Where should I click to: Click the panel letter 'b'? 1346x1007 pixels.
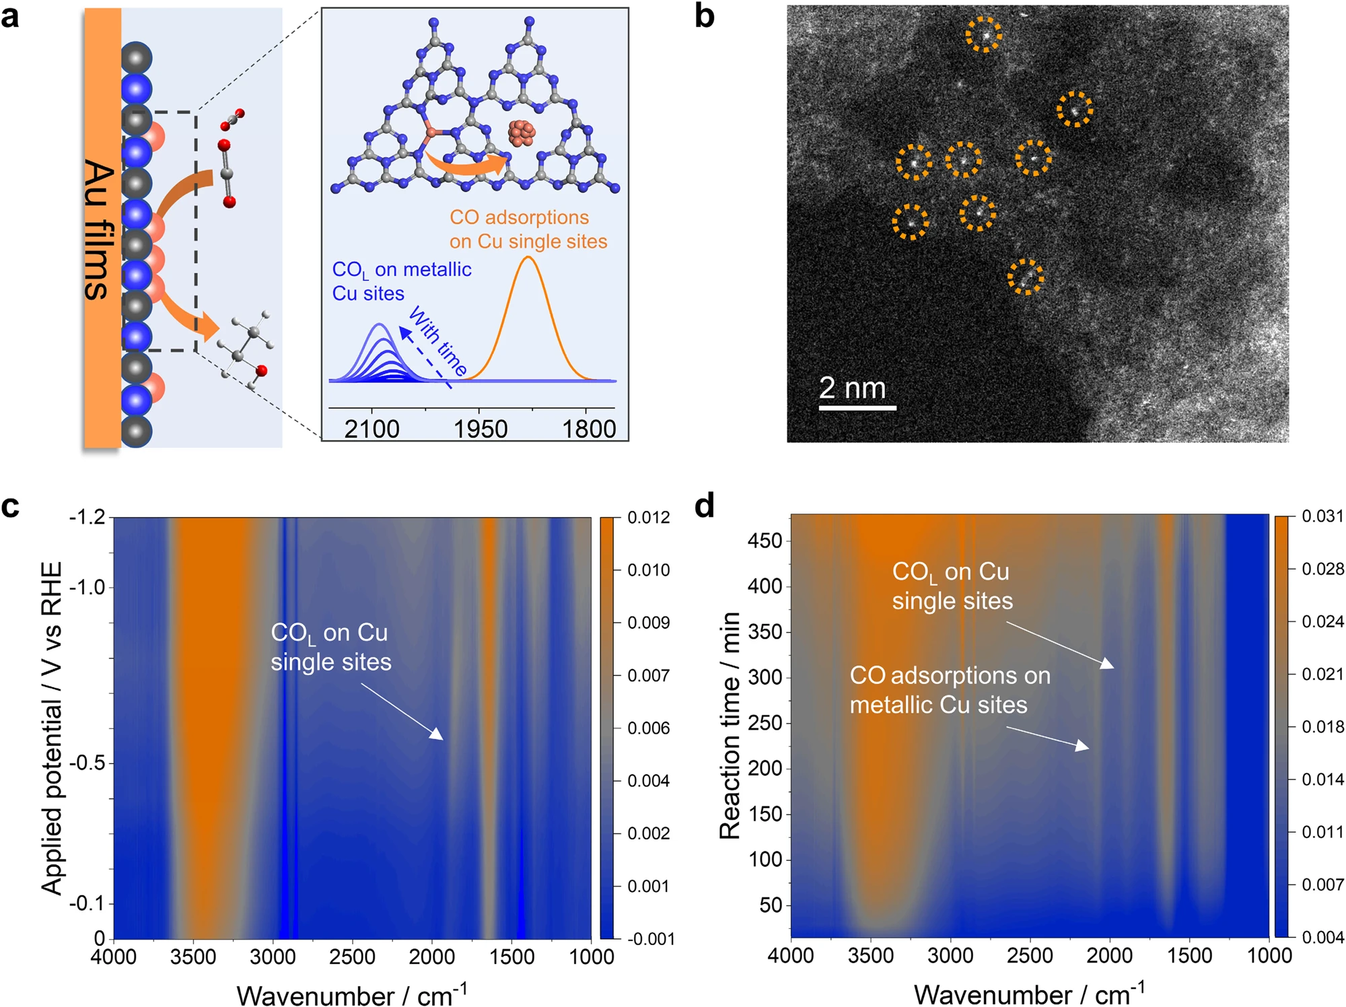[x=704, y=16]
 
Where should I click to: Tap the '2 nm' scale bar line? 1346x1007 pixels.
[x=857, y=407]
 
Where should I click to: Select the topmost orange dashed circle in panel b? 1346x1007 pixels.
[x=984, y=34]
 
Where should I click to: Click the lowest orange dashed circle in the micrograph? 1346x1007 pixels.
[x=1026, y=277]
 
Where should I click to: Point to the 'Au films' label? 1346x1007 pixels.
[x=98, y=229]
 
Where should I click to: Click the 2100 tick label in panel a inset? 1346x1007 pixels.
[x=371, y=429]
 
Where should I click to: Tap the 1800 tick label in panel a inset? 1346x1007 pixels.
[x=589, y=429]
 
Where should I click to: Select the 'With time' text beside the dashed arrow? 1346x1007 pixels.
[x=437, y=341]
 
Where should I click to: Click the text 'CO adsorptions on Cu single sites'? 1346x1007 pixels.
[x=528, y=229]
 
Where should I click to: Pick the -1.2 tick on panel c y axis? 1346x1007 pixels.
[x=87, y=517]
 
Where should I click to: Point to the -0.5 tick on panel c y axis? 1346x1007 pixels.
[x=87, y=763]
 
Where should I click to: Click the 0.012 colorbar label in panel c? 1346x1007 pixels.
[x=649, y=517]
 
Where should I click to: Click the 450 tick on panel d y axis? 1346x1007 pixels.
[x=765, y=540]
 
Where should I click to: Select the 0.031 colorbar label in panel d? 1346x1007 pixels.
[x=1322, y=516]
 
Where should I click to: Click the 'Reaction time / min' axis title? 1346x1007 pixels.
[x=730, y=726]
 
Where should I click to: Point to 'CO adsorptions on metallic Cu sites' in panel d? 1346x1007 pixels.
[x=949, y=690]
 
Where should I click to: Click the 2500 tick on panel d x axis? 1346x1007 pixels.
[x=1030, y=956]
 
